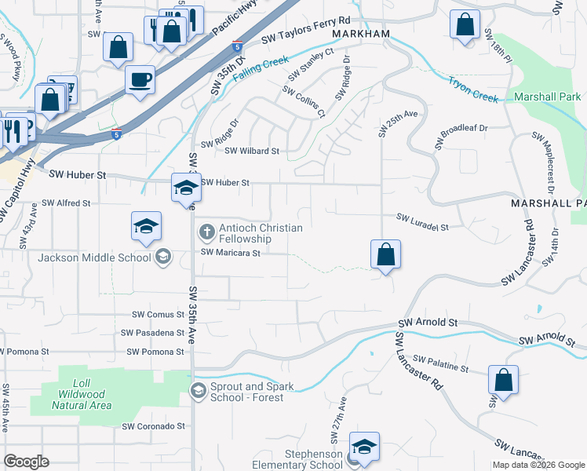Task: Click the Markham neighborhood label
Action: (x=360, y=35)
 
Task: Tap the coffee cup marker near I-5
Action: (x=140, y=79)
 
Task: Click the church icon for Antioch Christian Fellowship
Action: (x=206, y=232)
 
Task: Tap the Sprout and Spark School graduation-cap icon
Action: (x=199, y=390)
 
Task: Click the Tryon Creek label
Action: (x=473, y=89)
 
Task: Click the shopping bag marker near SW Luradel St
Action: (x=385, y=255)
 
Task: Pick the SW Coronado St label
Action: (x=153, y=426)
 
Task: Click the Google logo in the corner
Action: (x=26, y=461)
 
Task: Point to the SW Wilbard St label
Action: (x=252, y=152)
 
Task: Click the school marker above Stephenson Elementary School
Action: (x=364, y=447)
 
